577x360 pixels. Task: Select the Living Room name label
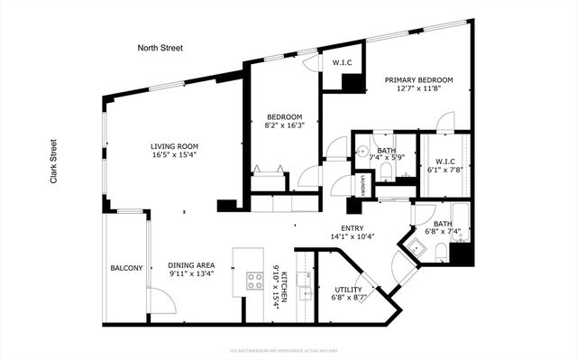click(x=175, y=146)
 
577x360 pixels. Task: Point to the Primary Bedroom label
click(x=418, y=80)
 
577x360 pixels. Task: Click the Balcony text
click(x=126, y=268)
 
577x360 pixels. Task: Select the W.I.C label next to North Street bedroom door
click(x=342, y=63)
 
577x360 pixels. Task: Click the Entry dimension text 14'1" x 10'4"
click(x=357, y=237)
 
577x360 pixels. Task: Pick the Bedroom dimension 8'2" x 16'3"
click(x=284, y=126)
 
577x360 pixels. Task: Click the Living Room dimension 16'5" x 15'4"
click(x=175, y=156)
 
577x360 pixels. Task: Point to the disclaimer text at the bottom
click(x=288, y=349)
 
